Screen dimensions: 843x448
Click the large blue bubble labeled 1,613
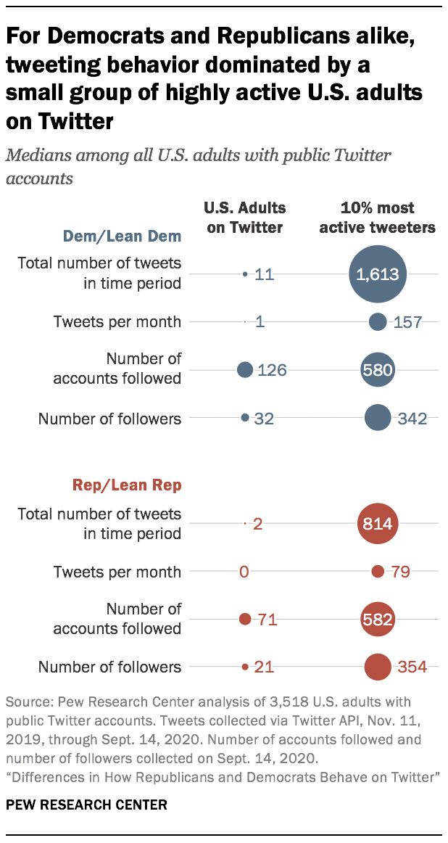coord(377,274)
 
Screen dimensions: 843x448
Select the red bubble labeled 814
coord(377,523)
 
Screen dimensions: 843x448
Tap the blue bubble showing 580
coord(377,370)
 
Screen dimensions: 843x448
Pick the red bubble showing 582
coord(377,620)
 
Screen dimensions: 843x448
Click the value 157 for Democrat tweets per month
coord(407,322)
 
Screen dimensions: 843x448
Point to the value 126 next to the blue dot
coord(272,371)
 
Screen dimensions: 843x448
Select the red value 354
coord(412,667)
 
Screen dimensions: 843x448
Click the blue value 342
coord(412,418)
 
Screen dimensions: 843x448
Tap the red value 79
coord(400,572)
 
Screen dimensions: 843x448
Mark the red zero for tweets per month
coord(244,572)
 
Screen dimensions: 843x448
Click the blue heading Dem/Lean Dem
coord(123,236)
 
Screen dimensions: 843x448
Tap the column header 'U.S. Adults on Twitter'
coord(245,218)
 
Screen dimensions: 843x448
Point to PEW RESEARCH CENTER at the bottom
coord(86,805)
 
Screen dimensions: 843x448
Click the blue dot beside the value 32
coord(245,418)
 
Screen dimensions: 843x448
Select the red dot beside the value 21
coord(245,667)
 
